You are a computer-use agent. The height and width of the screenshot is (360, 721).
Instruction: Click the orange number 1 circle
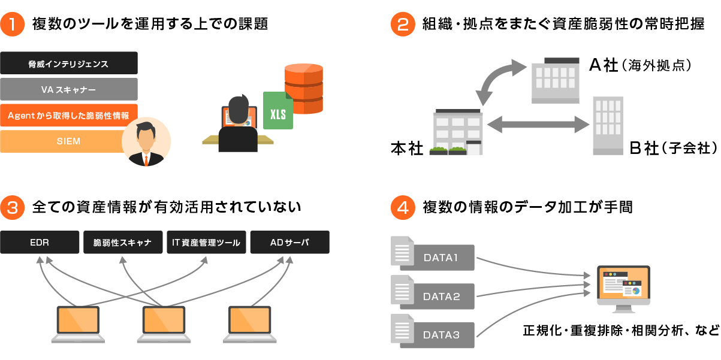tap(12, 24)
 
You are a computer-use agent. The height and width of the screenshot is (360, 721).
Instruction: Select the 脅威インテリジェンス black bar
tap(69, 63)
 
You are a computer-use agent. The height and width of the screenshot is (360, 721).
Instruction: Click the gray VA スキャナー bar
tap(69, 89)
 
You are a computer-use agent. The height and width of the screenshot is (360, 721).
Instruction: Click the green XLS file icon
tap(278, 111)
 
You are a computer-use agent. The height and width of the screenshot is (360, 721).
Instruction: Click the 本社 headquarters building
tap(458, 132)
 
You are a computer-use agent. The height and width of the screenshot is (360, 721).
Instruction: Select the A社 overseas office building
tap(556, 80)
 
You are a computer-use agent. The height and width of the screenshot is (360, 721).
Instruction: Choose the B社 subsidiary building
tap(608, 126)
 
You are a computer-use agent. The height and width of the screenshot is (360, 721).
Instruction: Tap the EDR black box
tap(40, 242)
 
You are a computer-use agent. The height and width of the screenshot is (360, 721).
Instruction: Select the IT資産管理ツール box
tap(206, 242)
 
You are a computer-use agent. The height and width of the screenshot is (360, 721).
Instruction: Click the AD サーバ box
tap(289, 242)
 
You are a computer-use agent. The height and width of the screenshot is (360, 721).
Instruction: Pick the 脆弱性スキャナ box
tap(122, 242)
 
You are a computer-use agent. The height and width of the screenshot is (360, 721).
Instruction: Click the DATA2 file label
tap(441, 296)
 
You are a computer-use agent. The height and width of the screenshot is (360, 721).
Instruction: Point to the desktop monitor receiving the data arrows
tap(623, 286)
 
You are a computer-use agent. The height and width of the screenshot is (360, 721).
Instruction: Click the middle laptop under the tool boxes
tap(163, 324)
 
